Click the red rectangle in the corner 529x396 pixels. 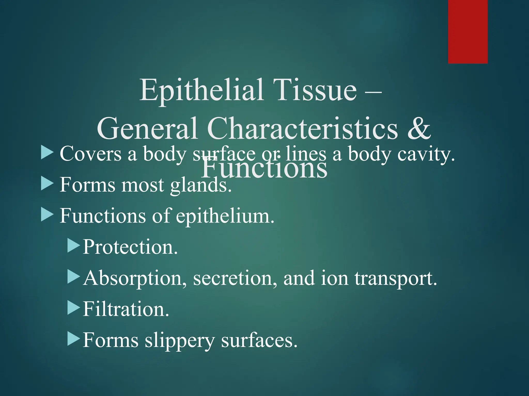coord(468,31)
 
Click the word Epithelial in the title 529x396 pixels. coord(201,90)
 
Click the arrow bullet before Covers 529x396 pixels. coord(47,152)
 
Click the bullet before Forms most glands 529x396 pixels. coord(47,184)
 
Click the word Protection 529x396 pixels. coord(130,247)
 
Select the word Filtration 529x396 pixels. coord(126,309)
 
